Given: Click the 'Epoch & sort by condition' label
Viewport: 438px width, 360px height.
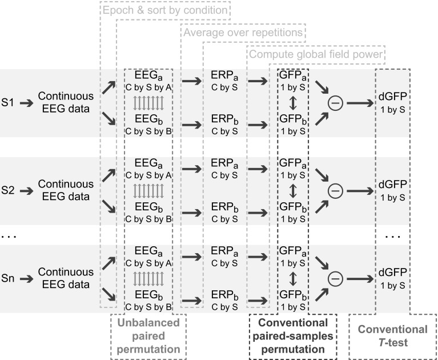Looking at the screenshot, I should pos(165,10).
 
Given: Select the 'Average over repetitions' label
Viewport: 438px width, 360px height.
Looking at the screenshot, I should pos(244,32).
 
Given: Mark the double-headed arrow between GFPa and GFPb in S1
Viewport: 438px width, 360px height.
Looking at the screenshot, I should pos(292,103).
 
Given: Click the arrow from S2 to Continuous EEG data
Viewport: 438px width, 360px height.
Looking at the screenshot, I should pos(25,191).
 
